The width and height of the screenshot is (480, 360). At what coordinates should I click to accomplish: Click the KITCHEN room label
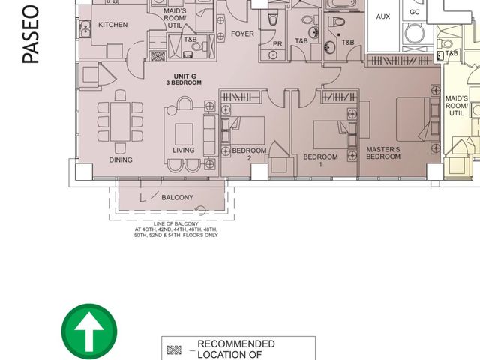pos(113,25)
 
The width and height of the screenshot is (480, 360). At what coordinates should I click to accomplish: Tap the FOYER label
pos(242,34)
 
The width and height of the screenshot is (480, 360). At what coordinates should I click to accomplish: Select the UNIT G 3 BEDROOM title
pos(184,79)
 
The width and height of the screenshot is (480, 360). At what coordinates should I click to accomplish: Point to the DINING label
pos(121,160)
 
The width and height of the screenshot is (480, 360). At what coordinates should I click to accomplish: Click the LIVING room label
pos(183,150)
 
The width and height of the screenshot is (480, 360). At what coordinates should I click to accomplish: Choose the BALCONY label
pos(178,198)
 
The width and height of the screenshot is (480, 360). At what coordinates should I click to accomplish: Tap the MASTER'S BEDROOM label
pos(383,153)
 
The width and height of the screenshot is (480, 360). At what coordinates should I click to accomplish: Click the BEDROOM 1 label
pos(320,160)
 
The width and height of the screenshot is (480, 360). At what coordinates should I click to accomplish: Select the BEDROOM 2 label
pos(249,154)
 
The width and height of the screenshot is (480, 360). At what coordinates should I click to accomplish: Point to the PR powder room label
pos(277,44)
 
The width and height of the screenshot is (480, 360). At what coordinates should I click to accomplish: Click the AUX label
pos(383,16)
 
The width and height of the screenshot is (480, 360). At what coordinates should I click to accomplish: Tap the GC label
pos(414,12)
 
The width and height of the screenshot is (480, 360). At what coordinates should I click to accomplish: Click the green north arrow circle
pos(89,331)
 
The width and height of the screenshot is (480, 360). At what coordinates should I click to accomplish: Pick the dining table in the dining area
pos(120,121)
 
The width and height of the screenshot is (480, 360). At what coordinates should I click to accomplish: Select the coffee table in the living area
pos(184,134)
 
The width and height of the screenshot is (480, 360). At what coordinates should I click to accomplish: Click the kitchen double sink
pos(85,28)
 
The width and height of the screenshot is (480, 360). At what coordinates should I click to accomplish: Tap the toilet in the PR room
pos(273,17)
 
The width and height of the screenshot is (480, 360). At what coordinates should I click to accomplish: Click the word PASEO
pos(31,34)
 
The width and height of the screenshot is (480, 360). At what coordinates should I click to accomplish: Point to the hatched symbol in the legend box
pos(174,350)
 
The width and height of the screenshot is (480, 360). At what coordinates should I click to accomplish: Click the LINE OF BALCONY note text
pos(176,229)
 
